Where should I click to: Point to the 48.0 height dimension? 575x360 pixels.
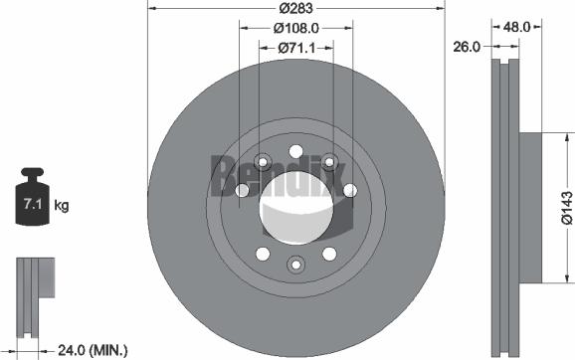(516, 28)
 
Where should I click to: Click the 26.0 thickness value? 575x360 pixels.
(467, 46)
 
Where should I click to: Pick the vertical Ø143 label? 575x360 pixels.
(564, 207)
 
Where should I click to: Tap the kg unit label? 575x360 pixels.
(61, 206)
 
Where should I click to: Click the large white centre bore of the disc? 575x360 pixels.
(292, 208)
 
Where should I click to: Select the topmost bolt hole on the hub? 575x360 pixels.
(295, 152)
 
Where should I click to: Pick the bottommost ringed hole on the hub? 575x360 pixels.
(295, 264)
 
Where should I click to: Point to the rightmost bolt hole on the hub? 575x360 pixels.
(350, 192)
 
